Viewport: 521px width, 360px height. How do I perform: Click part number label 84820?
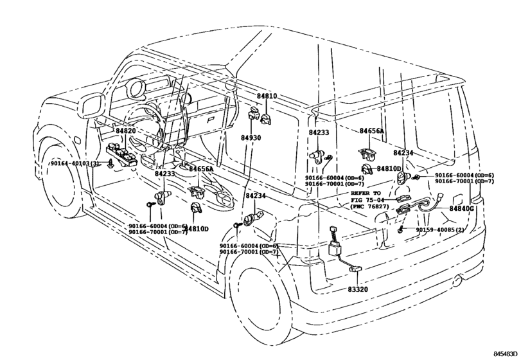[x=126, y=130]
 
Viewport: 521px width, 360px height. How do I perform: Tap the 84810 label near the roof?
[x=267, y=96]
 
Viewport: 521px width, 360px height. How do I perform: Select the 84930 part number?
[x=251, y=138]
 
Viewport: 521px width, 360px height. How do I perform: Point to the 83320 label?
[x=358, y=289]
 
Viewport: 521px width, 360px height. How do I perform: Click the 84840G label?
[x=461, y=208]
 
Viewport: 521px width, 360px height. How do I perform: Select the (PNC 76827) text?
[x=370, y=206]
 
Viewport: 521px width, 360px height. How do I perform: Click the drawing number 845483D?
[x=506, y=354]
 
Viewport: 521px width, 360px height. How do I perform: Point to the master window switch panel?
[x=121, y=155]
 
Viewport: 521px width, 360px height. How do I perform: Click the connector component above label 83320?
[x=335, y=242]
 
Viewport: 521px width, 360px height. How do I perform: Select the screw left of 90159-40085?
[x=401, y=229]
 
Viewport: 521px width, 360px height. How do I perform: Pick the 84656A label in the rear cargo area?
[x=371, y=131]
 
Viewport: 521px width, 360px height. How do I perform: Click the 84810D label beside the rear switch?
[x=389, y=168]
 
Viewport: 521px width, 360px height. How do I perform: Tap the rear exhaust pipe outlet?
[x=459, y=280]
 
